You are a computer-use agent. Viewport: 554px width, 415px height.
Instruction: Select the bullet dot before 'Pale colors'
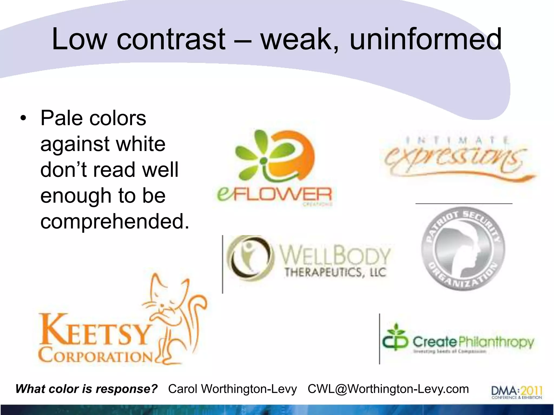click(x=24, y=119)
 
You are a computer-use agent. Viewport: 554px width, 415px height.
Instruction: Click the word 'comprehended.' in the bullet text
click(x=115, y=221)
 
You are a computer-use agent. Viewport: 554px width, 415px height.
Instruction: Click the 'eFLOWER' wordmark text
click(x=275, y=195)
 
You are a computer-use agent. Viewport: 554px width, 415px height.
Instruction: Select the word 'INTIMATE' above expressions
click(x=457, y=140)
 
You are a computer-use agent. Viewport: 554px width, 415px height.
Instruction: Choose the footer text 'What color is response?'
click(x=87, y=389)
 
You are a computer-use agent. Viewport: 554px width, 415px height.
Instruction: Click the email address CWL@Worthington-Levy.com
click(x=388, y=389)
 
